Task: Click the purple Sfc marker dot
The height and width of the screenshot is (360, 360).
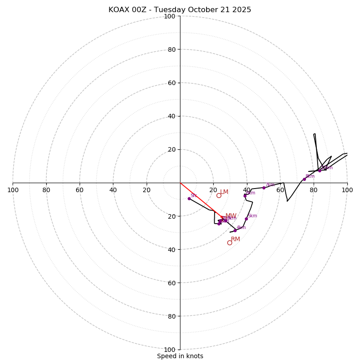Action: point(189,198)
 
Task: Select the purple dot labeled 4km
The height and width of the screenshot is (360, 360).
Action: point(235,230)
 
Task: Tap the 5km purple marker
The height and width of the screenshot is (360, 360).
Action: point(246,219)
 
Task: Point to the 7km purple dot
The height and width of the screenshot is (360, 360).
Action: point(264,188)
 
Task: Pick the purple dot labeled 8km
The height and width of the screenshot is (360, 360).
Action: point(304,179)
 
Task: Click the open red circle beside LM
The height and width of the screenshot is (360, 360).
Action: point(219,195)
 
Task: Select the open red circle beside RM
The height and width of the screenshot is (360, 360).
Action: point(229,243)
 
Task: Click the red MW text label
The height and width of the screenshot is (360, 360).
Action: point(231,216)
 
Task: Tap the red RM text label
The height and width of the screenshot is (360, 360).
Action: point(235,239)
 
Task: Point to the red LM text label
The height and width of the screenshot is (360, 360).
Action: point(224,192)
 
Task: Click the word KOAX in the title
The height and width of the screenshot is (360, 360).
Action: point(118,10)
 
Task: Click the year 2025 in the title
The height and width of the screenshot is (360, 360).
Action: point(242,10)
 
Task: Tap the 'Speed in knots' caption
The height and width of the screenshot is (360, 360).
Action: point(180,356)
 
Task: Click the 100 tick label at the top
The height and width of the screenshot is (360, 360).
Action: point(170,17)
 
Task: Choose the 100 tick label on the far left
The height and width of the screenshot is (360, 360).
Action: point(13,190)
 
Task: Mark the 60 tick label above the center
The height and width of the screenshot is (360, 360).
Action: point(171,83)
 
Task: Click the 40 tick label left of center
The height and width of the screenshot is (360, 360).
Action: point(113,190)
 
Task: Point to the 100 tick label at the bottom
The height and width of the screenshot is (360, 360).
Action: point(170,350)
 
